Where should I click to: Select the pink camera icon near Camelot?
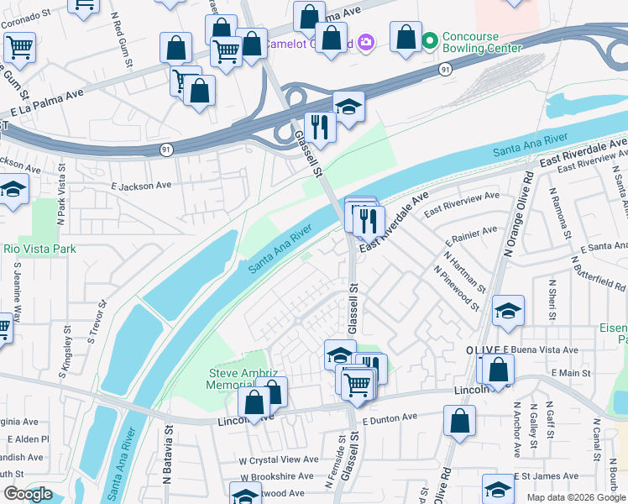pyautogui.click(x=365, y=41)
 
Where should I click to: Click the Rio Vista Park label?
pyautogui.click(x=39, y=249)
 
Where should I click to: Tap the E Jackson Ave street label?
pyautogui.click(x=141, y=185)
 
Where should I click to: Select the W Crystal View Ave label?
pyautogui.click(x=279, y=460)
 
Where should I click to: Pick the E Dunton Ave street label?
pyautogui.click(x=390, y=417)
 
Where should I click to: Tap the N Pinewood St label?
pyautogui.click(x=457, y=290)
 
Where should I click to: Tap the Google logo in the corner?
pyautogui.click(x=28, y=494)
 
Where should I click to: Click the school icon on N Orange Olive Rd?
pyautogui.click(x=508, y=311)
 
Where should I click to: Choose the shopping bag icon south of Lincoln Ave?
pyautogui.click(x=459, y=422)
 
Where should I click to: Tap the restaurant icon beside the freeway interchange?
pyautogui.click(x=320, y=126)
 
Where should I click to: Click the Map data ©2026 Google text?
pyautogui.click(x=576, y=497)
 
